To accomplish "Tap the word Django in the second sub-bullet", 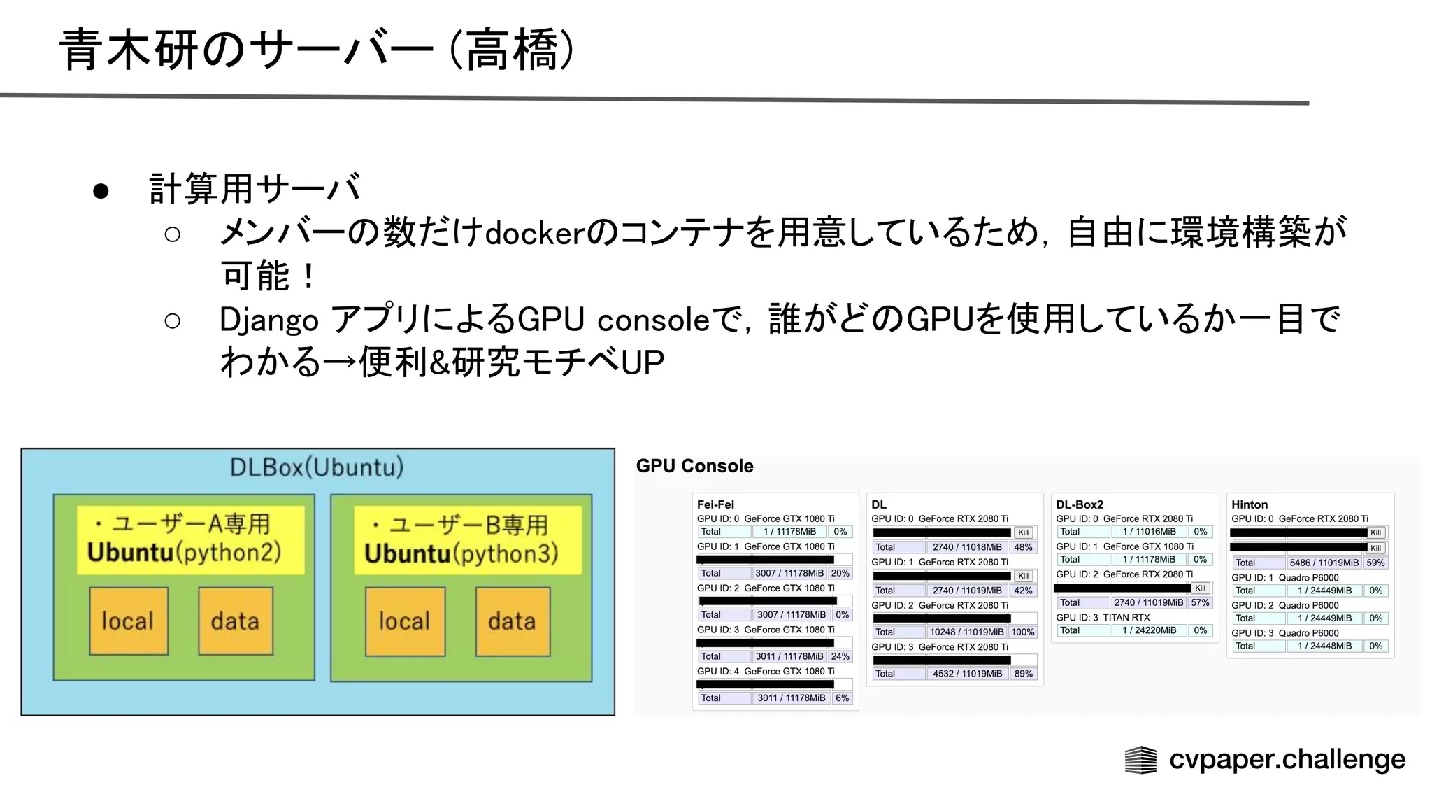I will coord(269,320).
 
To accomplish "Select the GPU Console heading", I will coord(694,466).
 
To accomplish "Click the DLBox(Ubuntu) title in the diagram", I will coord(317,467).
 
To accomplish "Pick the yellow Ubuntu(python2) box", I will coord(190,539).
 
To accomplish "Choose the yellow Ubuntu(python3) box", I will coord(467,540).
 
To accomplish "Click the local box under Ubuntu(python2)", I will coord(128,621).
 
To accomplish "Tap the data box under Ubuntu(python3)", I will coord(513,621).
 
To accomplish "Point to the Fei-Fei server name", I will coord(715,504).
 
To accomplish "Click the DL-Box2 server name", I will coord(1080,504).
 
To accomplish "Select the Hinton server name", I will coord(1250,504).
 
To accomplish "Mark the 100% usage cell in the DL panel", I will coord(1023,632).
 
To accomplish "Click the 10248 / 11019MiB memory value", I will coord(966,632).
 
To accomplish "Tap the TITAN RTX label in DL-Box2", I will coord(1126,617).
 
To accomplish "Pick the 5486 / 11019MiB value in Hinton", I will coord(1324,563).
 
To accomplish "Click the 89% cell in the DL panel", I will coord(1023,674).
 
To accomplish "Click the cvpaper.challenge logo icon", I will coord(1140,760).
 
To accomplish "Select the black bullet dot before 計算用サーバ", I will coord(101,191).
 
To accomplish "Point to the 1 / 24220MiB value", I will coord(1149,630).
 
